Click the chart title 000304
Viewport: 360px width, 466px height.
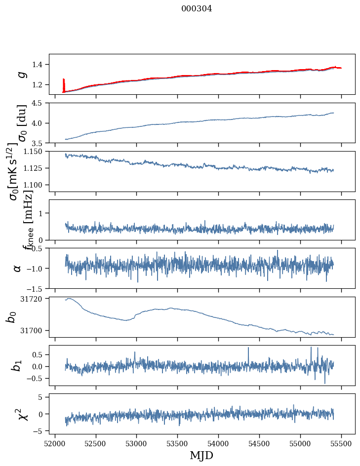(197, 8)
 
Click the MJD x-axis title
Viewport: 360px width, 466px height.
(201, 456)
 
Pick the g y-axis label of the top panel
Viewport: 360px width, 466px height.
(21, 74)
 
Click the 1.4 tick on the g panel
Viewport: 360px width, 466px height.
(40, 65)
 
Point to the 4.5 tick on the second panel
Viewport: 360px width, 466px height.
(40, 103)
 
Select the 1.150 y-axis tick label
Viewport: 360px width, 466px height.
(36, 152)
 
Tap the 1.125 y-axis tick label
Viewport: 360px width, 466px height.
(36, 168)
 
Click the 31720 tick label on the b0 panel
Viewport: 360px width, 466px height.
(34, 299)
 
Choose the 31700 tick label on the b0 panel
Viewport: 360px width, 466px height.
(34, 330)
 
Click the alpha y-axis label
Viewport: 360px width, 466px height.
(18, 268)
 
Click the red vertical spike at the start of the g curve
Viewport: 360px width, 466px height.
(64, 85)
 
